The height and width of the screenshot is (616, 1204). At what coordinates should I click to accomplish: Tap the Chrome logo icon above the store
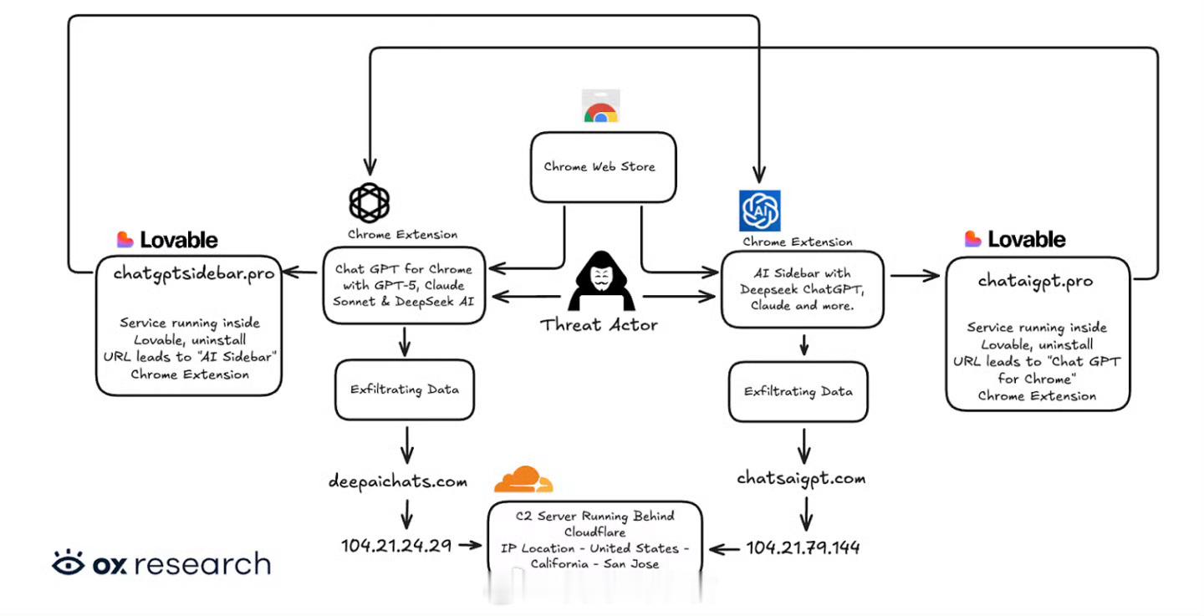(x=600, y=109)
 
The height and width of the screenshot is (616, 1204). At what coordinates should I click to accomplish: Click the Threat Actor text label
(x=599, y=324)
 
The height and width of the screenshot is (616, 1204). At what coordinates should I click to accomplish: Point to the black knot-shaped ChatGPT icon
(x=370, y=202)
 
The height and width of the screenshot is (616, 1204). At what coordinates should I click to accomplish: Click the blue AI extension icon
(x=760, y=211)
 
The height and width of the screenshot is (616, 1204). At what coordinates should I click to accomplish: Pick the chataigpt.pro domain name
(x=1035, y=281)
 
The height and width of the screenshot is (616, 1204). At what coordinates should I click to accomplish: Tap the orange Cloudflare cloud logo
(x=523, y=480)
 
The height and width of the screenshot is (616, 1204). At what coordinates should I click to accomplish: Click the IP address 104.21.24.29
(x=396, y=546)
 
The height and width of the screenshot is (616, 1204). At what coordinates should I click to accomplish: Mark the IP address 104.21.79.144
(x=803, y=547)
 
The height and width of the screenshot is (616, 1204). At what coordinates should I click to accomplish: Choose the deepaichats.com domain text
(x=397, y=481)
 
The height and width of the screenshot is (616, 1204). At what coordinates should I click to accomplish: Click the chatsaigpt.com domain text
(x=801, y=478)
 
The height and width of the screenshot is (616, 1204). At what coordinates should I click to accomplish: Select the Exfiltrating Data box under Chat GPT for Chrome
(x=405, y=389)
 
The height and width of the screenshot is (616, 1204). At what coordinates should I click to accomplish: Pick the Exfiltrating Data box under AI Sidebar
(x=798, y=391)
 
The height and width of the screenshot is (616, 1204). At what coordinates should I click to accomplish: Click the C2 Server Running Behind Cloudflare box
(x=595, y=540)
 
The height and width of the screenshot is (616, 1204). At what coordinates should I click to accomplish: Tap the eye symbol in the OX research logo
(x=69, y=563)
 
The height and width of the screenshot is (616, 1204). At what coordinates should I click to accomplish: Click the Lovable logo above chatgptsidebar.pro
(x=167, y=240)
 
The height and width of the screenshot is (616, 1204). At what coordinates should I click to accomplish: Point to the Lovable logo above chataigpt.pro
(x=1015, y=239)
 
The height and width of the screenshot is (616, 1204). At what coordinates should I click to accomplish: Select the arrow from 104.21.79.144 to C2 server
(x=727, y=548)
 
